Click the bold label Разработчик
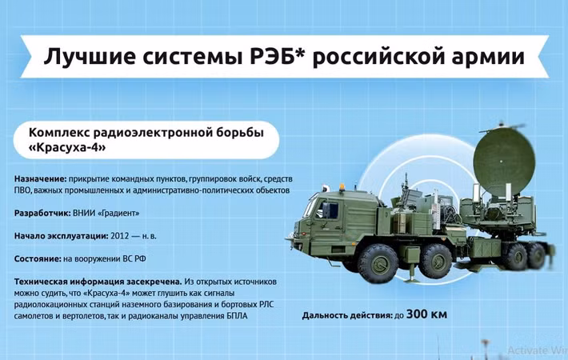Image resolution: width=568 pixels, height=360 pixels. (x=42, y=214)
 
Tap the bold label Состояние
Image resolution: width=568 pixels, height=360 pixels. (x=37, y=258)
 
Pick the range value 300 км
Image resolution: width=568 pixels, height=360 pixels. (x=427, y=314)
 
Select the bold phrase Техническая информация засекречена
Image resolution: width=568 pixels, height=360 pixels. (x=97, y=281)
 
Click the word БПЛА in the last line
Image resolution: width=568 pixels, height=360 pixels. (x=234, y=316)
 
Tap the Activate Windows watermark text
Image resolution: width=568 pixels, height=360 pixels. (x=536, y=350)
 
